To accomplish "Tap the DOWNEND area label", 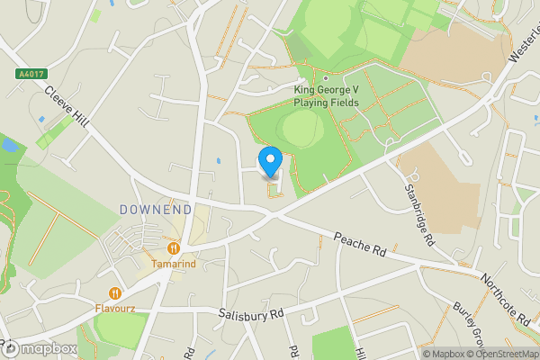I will [x=156, y=210].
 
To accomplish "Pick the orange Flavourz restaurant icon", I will [x=115, y=292].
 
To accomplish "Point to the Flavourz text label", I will [x=116, y=308].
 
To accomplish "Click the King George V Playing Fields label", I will [x=326, y=96].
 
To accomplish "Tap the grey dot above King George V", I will [x=326, y=78].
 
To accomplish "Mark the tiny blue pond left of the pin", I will [x=220, y=162].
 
